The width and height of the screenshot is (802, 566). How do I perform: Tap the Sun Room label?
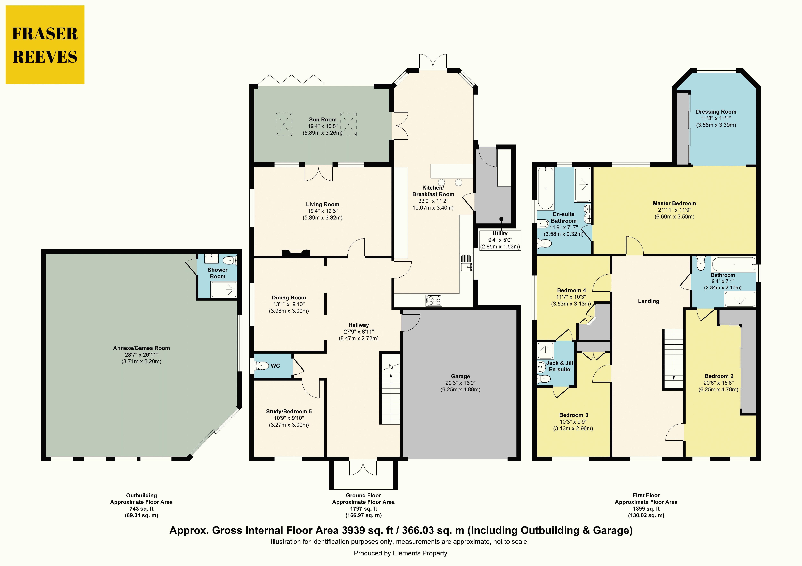pyautogui.click(x=322, y=119)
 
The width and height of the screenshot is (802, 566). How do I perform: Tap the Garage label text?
pyautogui.click(x=460, y=376)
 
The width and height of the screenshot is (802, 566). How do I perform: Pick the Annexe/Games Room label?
pyautogui.click(x=141, y=348)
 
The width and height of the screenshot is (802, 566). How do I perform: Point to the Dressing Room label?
pyautogui.click(x=716, y=112)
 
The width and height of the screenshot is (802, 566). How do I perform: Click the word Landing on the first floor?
pyautogui.click(x=649, y=301)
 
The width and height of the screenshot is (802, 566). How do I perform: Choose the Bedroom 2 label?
pyautogui.click(x=719, y=376)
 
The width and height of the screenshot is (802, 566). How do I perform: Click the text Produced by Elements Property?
pyautogui.click(x=400, y=553)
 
